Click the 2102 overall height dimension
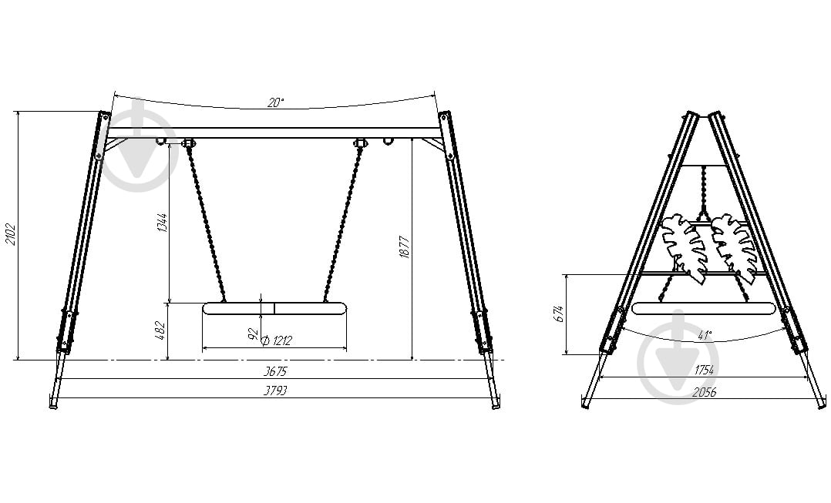click(x=11, y=234)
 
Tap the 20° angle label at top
click(x=276, y=102)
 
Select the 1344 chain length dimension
click(x=162, y=223)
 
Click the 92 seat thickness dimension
click(x=254, y=334)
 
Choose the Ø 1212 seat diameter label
click(x=278, y=340)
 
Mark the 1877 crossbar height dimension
click(x=405, y=246)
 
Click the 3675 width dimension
click(x=276, y=371)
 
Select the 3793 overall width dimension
click(x=276, y=391)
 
